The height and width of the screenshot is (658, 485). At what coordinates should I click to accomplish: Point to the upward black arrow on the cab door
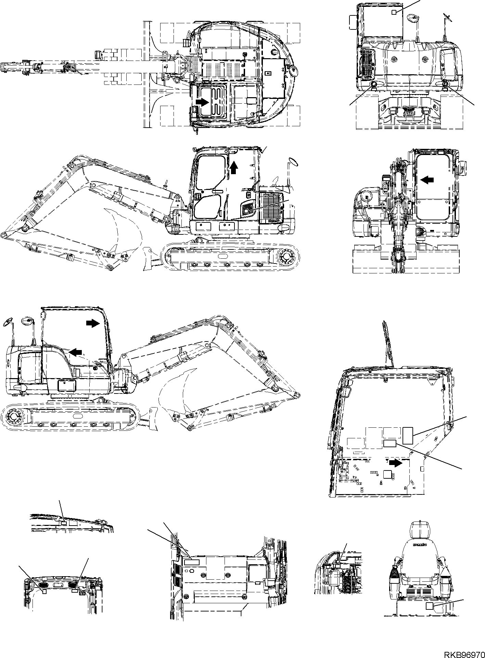[x=233, y=167]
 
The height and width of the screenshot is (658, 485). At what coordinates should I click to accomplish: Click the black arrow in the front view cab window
[x=427, y=179]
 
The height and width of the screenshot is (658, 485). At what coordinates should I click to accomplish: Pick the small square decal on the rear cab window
[x=394, y=12]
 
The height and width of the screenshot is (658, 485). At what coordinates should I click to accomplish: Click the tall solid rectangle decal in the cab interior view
[x=408, y=436]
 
